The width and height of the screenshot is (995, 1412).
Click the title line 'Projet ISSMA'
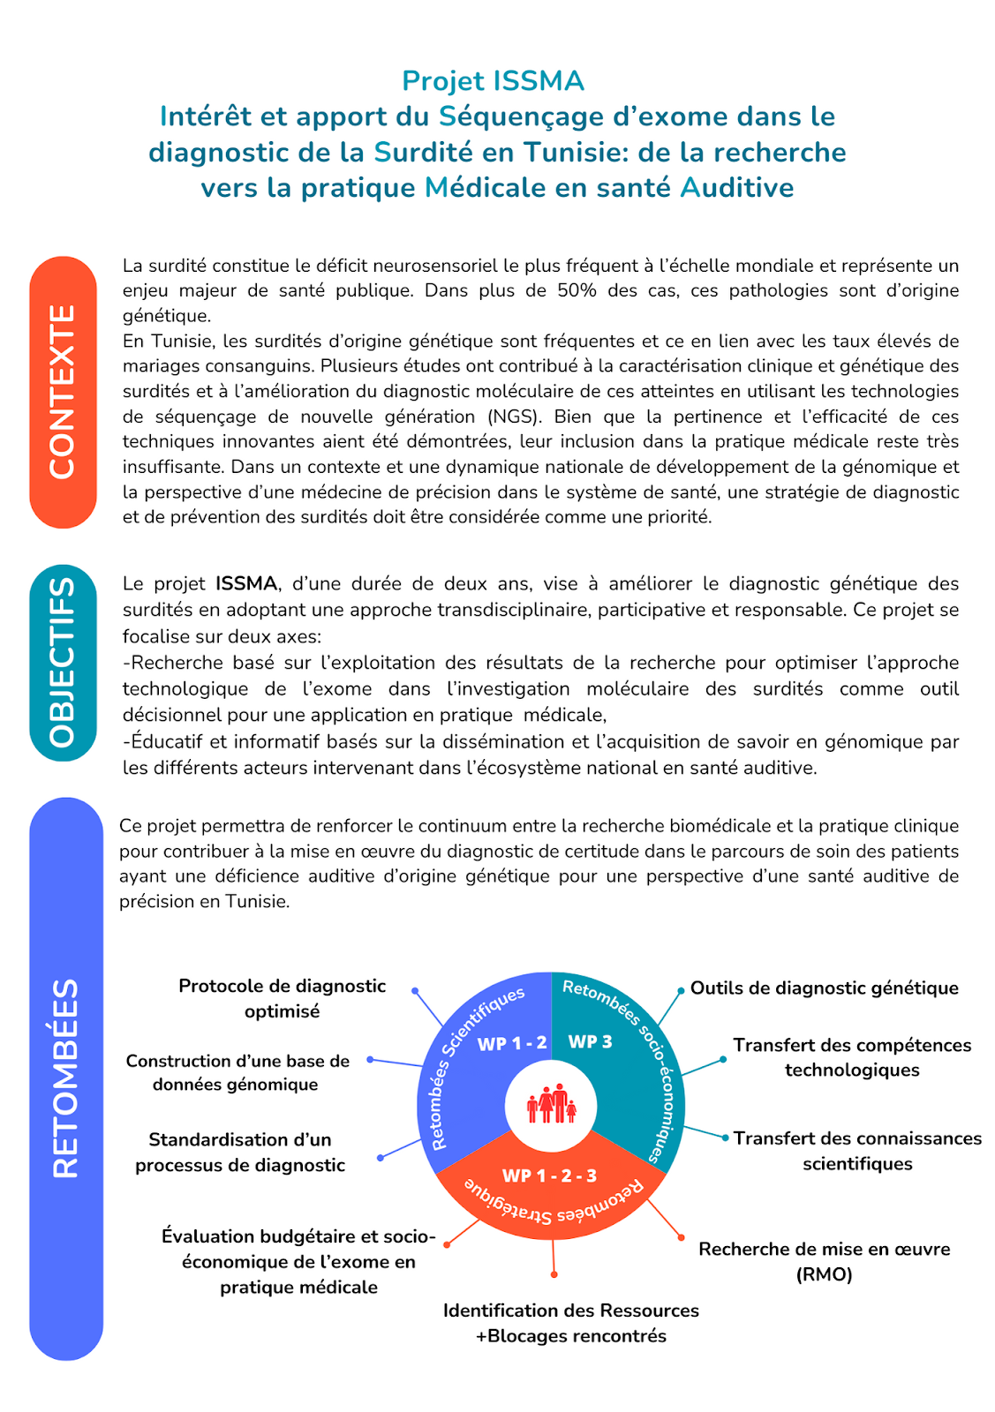point(493,81)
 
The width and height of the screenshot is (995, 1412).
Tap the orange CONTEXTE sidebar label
point(63,392)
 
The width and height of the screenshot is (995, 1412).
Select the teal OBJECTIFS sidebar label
point(63,662)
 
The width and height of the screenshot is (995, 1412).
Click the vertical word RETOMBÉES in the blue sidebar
point(65,1078)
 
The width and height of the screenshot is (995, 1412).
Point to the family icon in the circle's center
point(551,1104)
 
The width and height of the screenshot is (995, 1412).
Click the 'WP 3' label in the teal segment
point(590,1041)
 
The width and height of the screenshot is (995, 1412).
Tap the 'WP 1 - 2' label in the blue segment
point(512,1043)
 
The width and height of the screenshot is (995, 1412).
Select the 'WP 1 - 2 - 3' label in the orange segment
point(549,1175)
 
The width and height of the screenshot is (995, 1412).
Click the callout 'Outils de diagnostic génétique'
point(824,988)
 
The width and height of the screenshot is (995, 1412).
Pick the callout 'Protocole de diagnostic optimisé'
point(282,998)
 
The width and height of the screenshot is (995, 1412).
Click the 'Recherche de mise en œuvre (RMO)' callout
point(824,1261)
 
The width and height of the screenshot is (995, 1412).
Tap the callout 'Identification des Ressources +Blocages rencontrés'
point(571,1323)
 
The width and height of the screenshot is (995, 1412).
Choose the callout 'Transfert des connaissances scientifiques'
point(857,1151)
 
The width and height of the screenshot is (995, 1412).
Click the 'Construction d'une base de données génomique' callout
point(237,1072)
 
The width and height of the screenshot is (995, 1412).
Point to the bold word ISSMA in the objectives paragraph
point(246,583)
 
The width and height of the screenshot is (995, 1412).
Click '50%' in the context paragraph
point(577,290)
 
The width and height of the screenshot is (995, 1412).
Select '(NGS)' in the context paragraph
point(506,417)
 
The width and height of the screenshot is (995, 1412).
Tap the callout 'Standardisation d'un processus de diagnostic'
point(240,1152)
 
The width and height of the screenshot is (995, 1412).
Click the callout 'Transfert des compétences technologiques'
point(852,1057)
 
